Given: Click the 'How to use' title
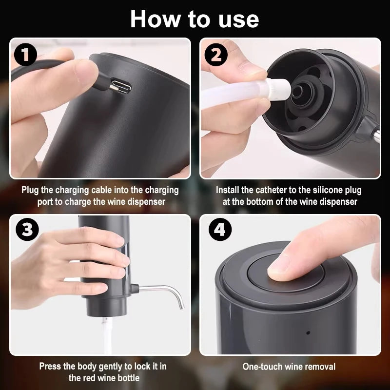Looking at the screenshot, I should coord(195,19).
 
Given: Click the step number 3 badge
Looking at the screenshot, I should coord(26,230).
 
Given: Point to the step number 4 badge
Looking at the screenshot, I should coord(220,230).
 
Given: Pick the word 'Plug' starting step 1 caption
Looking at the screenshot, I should coord(30,190).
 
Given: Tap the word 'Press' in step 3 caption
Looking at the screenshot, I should coord(51,366).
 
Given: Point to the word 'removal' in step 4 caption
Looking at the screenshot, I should coord(319,367).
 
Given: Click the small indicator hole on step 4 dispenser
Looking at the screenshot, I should coord(308,333).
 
